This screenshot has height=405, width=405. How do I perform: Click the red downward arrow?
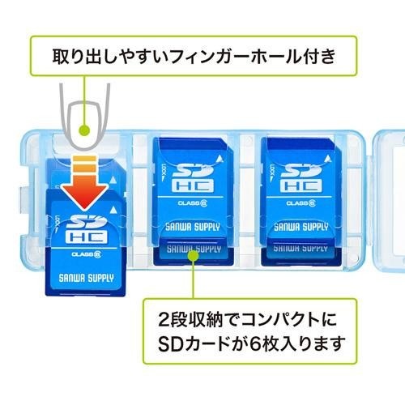tap(85, 184)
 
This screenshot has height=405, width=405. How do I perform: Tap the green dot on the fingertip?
tap(84, 130)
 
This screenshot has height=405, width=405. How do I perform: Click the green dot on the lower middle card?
tap(194, 255)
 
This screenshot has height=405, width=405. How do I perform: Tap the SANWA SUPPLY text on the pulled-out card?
tap(86, 278)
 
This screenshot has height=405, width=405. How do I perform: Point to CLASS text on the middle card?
tap(189, 202)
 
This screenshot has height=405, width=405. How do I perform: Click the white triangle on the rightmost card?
tap(327, 158)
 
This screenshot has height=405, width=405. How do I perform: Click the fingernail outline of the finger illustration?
tap(85, 125)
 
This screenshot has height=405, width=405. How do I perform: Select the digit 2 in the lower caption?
tap(164, 320)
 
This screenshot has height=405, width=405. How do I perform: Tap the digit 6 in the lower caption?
tap(255, 343)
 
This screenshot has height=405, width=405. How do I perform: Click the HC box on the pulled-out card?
tap(86, 237)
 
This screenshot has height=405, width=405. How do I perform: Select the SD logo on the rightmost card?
tap(301, 170)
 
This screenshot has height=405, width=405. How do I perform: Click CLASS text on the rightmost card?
tap(297, 202)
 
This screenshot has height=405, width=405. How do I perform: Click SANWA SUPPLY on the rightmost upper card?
tap(301, 227)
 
